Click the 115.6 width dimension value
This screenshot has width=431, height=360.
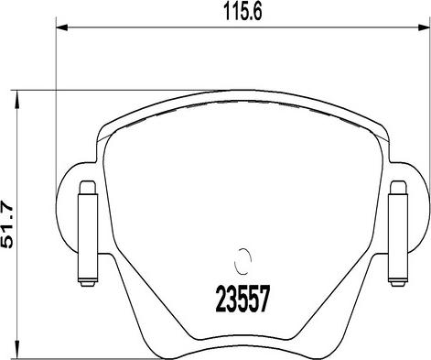tap(242, 13)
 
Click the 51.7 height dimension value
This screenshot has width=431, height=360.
tap(7, 224)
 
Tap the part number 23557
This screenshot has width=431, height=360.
tap(242, 299)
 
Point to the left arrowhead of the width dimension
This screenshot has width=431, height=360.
tap(61, 28)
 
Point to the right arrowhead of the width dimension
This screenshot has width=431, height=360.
tap(424, 28)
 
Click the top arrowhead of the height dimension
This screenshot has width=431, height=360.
tap(17, 99)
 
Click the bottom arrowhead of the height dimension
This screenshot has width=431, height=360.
tap(17, 349)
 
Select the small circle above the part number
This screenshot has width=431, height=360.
tap(242, 261)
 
